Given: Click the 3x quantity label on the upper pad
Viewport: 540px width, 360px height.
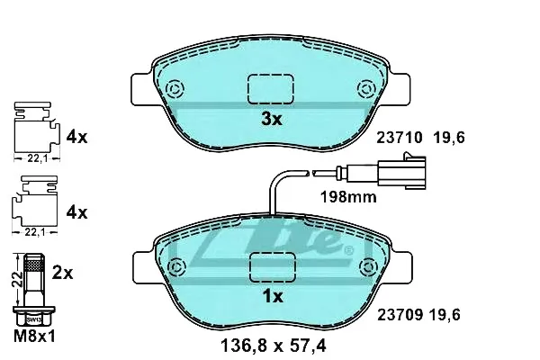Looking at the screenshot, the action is pos(272,119).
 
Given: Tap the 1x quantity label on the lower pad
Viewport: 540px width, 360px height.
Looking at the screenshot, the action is pos(273,296).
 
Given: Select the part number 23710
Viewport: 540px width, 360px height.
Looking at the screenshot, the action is pos(399,138).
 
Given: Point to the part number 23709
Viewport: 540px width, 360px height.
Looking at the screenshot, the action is pos(400,314).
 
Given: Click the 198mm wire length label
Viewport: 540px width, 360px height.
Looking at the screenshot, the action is pos(348,197).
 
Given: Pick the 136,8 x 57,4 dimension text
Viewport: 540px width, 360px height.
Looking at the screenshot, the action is pos(273,346).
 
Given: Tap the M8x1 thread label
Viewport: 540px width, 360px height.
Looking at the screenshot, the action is pos(34,337).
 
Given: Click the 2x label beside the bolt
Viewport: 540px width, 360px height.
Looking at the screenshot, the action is pos(63,274).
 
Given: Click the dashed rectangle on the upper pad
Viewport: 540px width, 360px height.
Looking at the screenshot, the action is pos(271,89).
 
